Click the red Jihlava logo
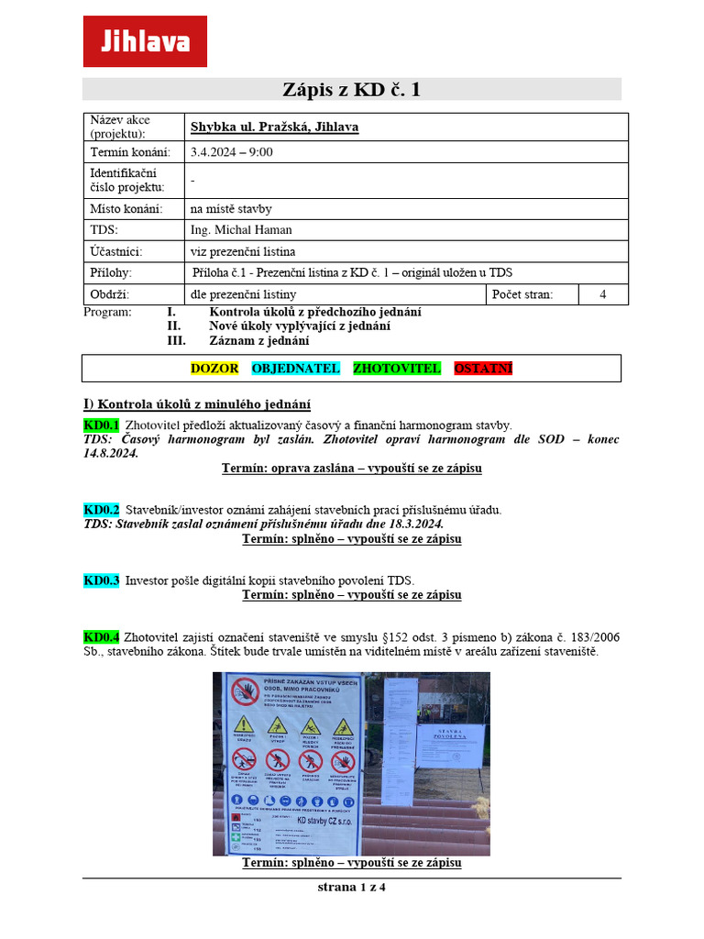(x=145, y=41)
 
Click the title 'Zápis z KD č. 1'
(x=351, y=90)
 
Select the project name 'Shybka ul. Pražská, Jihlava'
(x=274, y=127)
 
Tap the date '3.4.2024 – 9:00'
(x=231, y=152)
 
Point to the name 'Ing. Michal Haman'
(x=241, y=230)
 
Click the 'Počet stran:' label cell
(x=520, y=294)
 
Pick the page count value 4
(x=602, y=294)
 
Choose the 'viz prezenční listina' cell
(x=243, y=251)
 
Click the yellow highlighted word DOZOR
(x=214, y=369)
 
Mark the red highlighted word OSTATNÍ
(x=483, y=369)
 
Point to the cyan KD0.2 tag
(x=101, y=510)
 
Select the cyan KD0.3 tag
(x=101, y=580)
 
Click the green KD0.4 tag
(x=101, y=637)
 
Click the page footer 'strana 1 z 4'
(x=351, y=888)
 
